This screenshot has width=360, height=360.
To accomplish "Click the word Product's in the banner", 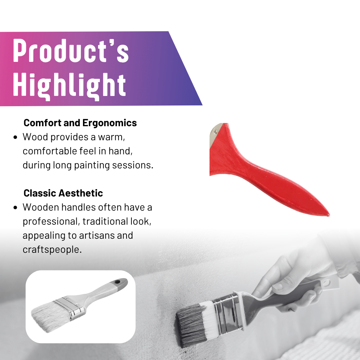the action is pyautogui.click(x=71, y=51).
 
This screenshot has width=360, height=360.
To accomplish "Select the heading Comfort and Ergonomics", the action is pyautogui.click(x=80, y=123).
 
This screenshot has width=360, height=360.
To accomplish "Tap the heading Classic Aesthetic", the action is pyautogui.click(x=63, y=193).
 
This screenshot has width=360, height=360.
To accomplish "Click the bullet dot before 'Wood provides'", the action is pyautogui.click(x=15, y=137).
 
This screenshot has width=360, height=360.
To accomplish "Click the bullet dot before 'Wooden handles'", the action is pyautogui.click(x=15, y=207).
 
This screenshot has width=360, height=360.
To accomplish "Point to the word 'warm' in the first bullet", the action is pyautogui.click(x=111, y=137).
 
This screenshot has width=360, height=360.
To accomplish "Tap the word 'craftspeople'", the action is pyautogui.click(x=52, y=250).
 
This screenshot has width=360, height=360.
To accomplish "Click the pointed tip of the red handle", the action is pyautogui.click(x=329, y=215).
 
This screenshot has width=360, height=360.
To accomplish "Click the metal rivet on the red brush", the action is pyautogui.click(x=216, y=132).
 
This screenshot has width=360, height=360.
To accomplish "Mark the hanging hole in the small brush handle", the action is pyautogui.click(x=117, y=282).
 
